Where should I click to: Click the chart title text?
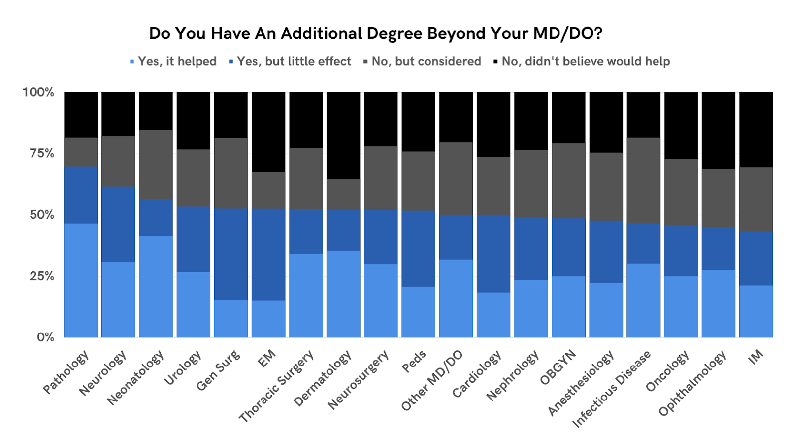click(x=375, y=33)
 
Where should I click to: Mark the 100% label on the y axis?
click(x=38, y=92)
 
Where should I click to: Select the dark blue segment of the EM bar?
click(x=268, y=254)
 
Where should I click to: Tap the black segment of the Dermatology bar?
click(x=343, y=135)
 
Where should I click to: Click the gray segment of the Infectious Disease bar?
click(x=643, y=180)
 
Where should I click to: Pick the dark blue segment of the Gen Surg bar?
click(x=231, y=254)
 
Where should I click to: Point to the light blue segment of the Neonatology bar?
click(x=156, y=286)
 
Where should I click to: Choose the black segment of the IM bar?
click(x=756, y=130)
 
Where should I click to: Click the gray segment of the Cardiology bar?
click(x=493, y=186)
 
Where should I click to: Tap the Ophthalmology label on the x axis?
click(x=692, y=383)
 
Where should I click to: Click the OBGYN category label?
click(x=558, y=367)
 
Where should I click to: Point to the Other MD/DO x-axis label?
click(x=432, y=380)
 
